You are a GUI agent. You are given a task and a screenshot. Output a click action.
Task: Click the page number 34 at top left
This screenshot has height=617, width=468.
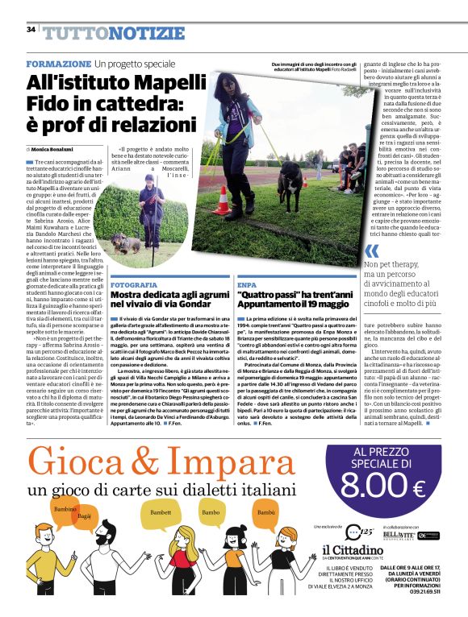click(x=31, y=29)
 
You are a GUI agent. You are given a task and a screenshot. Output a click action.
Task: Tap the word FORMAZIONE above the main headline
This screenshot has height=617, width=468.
click(x=58, y=64)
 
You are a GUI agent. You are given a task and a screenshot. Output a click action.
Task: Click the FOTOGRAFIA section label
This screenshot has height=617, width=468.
click(x=134, y=285)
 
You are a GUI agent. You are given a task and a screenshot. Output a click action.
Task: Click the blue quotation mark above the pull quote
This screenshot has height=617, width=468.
click(x=371, y=251)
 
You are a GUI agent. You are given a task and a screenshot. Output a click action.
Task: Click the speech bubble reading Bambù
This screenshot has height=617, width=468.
click(x=265, y=512)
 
